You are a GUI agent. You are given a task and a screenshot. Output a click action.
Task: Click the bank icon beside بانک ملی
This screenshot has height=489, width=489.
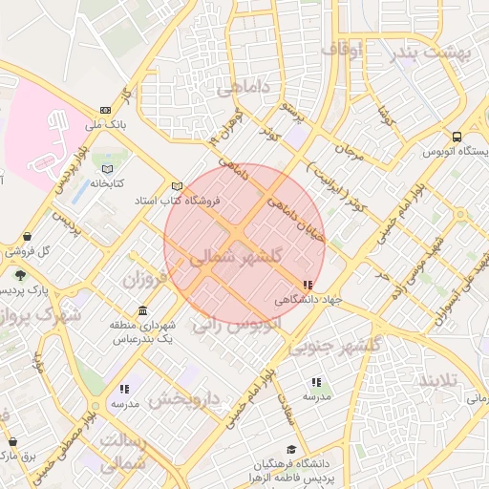tap(104, 110)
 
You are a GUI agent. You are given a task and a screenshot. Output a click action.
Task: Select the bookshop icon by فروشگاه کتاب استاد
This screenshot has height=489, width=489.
tap(176, 186)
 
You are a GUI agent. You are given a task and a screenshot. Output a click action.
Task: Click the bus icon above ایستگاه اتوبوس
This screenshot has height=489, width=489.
tap(457, 136)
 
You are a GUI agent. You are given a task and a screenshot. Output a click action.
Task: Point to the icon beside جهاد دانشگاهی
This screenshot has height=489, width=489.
tap(307, 285)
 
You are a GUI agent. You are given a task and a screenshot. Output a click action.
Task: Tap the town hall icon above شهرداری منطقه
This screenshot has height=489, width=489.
tap(142, 310)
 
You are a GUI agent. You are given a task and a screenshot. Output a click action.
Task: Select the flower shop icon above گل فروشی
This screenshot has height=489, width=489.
tap(26, 237)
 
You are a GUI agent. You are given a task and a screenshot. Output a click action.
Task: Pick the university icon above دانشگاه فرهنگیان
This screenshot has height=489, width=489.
tap(290, 450)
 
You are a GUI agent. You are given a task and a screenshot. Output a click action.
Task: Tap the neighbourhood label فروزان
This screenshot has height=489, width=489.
tap(143, 280)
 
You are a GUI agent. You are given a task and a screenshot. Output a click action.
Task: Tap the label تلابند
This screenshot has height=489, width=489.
tap(438, 380)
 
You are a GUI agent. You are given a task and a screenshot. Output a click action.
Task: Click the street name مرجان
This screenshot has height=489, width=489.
tap(348, 151)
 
